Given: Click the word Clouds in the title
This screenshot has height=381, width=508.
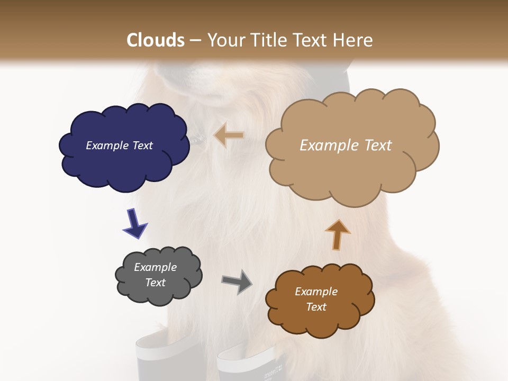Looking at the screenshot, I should (x=156, y=40).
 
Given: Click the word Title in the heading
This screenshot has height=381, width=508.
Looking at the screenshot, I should (x=267, y=40).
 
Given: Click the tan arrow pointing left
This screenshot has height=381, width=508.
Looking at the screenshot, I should (x=229, y=135).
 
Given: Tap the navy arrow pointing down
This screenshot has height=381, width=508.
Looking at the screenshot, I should (x=135, y=223).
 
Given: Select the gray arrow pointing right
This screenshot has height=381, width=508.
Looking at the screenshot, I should (x=237, y=281).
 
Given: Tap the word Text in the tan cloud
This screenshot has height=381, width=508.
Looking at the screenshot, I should (x=375, y=146).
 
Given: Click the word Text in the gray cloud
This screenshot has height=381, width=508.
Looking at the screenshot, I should (x=156, y=283).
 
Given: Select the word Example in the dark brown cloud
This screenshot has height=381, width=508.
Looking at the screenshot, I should (x=316, y=292).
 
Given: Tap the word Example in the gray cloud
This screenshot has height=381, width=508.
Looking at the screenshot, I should (x=156, y=267).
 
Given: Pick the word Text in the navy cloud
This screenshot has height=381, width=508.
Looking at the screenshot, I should (x=142, y=146).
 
